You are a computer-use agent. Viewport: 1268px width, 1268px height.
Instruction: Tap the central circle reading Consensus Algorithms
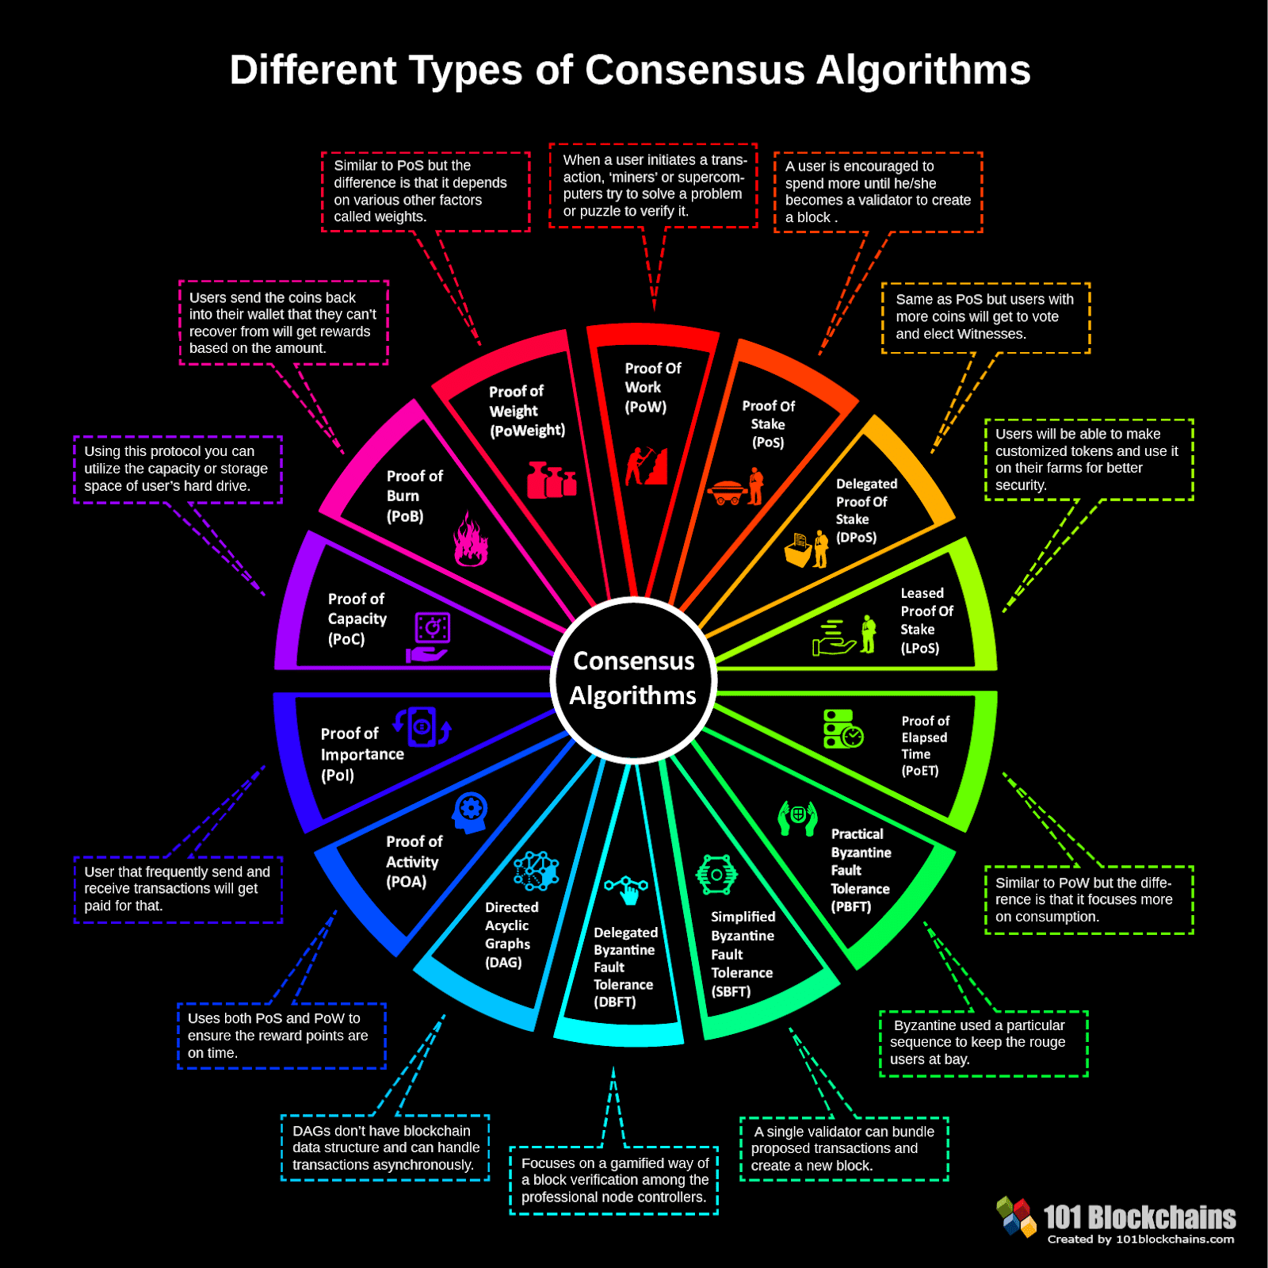[x=633, y=679]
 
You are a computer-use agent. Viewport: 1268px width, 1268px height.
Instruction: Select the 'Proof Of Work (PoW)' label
[x=651, y=388]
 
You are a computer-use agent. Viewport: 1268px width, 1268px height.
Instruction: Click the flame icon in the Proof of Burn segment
[x=470, y=539]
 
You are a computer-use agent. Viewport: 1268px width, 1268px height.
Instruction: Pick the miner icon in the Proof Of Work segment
[x=646, y=465]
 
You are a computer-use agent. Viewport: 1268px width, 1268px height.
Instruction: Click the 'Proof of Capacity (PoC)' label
[x=357, y=619]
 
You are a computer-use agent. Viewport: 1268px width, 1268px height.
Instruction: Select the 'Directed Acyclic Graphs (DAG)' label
[x=511, y=934]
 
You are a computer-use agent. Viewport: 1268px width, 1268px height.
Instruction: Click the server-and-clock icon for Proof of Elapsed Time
[x=842, y=730]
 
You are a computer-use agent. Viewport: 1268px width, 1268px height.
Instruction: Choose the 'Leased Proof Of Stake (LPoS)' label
[x=926, y=620]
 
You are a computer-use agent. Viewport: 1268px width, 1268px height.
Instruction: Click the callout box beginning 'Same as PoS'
[x=985, y=317]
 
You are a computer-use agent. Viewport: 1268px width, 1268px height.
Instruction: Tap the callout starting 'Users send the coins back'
[x=283, y=323]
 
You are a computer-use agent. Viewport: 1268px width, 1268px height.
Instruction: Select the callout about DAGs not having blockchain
[x=385, y=1147]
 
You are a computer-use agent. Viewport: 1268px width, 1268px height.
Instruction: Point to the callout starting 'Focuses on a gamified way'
[x=614, y=1180]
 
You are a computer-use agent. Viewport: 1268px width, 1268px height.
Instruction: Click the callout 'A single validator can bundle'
[x=843, y=1148]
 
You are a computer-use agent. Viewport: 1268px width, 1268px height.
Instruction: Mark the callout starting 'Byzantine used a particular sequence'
[x=983, y=1043]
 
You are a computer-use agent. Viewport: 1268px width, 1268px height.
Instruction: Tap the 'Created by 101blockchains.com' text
[x=1140, y=1239]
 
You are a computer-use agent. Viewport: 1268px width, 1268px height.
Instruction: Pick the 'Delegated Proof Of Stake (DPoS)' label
[x=866, y=510]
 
